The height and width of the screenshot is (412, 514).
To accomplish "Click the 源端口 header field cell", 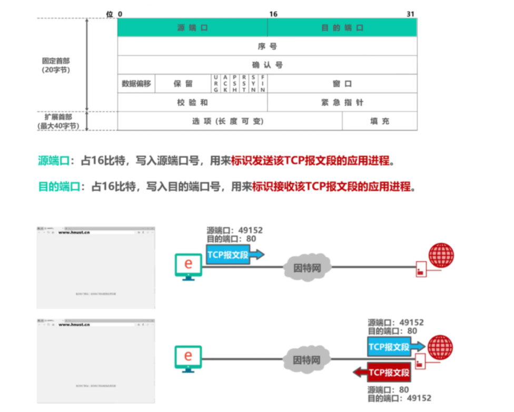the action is [x=192, y=28].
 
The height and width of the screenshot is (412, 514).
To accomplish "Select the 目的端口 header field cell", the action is [x=342, y=28].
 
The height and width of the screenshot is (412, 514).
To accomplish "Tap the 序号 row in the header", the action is [x=267, y=46].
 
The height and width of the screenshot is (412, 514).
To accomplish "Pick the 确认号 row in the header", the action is [x=267, y=65].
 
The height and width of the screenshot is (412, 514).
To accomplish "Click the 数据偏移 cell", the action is [x=136, y=84].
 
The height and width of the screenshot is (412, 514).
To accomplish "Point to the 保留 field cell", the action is [x=183, y=84].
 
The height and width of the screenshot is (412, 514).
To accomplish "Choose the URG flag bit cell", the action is [x=215, y=84].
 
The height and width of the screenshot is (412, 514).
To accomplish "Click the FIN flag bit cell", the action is [x=263, y=84].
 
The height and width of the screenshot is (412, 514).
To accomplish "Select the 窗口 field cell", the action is [x=342, y=84].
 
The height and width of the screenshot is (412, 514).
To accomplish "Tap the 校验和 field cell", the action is [x=192, y=103].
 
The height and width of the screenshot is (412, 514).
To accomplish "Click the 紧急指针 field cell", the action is [x=342, y=103].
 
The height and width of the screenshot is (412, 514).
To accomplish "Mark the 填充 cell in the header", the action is [x=380, y=121].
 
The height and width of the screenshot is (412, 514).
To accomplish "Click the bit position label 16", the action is [x=273, y=14].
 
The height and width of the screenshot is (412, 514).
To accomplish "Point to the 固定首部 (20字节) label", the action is [x=56, y=65].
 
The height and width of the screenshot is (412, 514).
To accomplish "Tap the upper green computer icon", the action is [x=189, y=266].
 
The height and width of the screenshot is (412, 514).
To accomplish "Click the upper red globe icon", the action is [x=441, y=255].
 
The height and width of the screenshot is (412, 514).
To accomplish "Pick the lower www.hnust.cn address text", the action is [x=74, y=325].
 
